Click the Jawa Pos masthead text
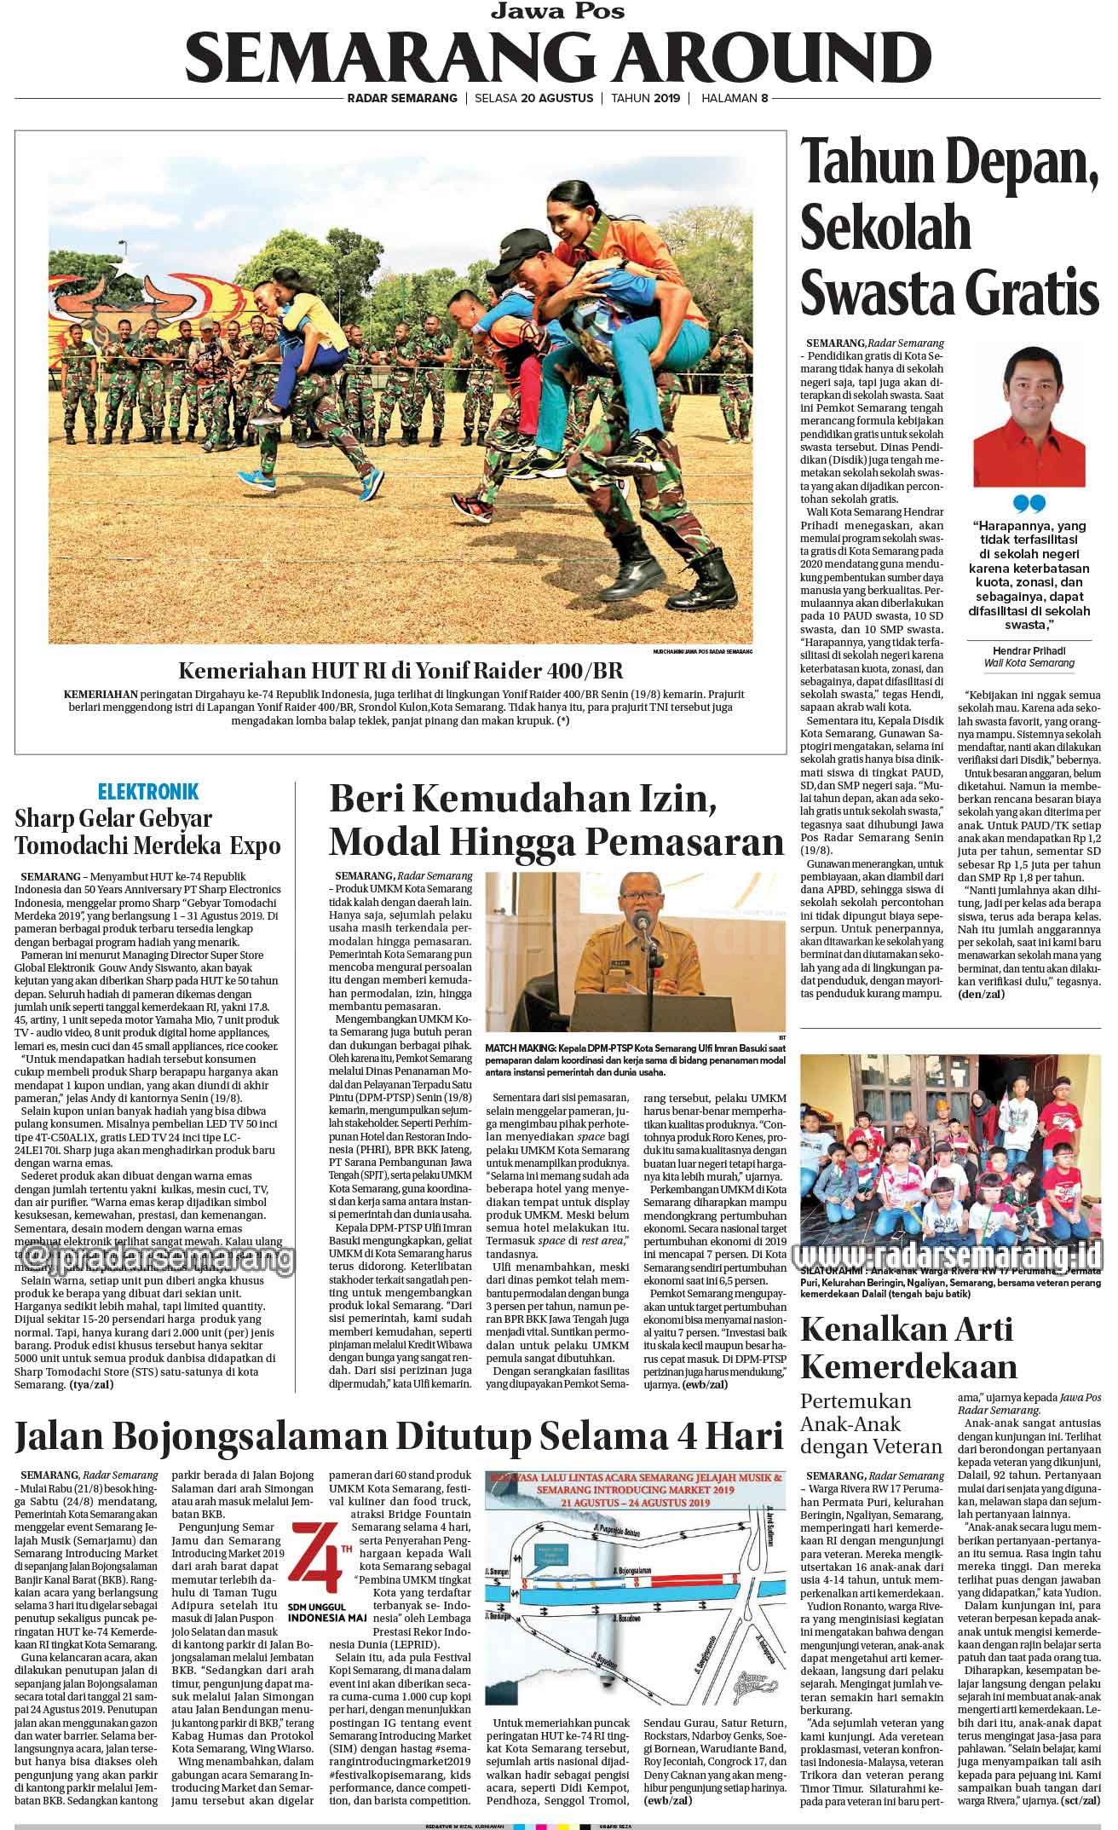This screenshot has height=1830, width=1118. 559,11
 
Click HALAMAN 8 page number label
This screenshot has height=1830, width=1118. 735,98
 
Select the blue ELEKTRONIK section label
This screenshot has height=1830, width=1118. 148,792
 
